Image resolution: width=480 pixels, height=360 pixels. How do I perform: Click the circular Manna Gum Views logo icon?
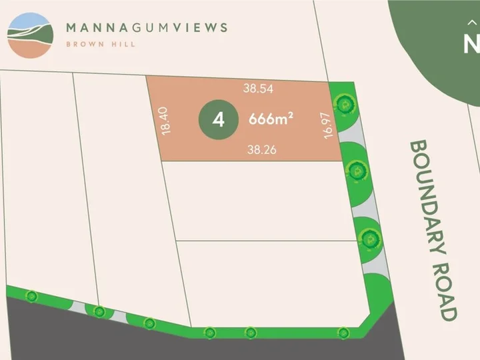[x=30, y=35]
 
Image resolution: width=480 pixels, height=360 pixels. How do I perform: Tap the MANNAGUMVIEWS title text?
[x=147, y=28]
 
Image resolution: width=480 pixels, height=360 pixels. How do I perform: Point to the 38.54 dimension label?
[x=259, y=87]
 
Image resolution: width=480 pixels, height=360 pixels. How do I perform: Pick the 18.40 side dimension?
[x=167, y=121]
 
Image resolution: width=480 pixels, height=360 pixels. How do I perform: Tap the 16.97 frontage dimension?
[x=327, y=124]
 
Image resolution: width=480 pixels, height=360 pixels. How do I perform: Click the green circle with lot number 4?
[x=217, y=121]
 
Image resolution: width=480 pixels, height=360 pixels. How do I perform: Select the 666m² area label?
[x=271, y=120]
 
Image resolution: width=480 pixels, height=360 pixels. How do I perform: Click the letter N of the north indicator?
[x=471, y=44]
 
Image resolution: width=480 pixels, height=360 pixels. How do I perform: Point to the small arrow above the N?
[x=473, y=22]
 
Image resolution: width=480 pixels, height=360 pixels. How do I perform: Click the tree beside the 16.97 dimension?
[x=344, y=103]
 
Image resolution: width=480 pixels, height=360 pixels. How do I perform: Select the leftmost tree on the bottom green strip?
[x=31, y=295]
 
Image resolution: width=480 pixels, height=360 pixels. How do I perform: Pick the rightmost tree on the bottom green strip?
[x=343, y=331]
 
